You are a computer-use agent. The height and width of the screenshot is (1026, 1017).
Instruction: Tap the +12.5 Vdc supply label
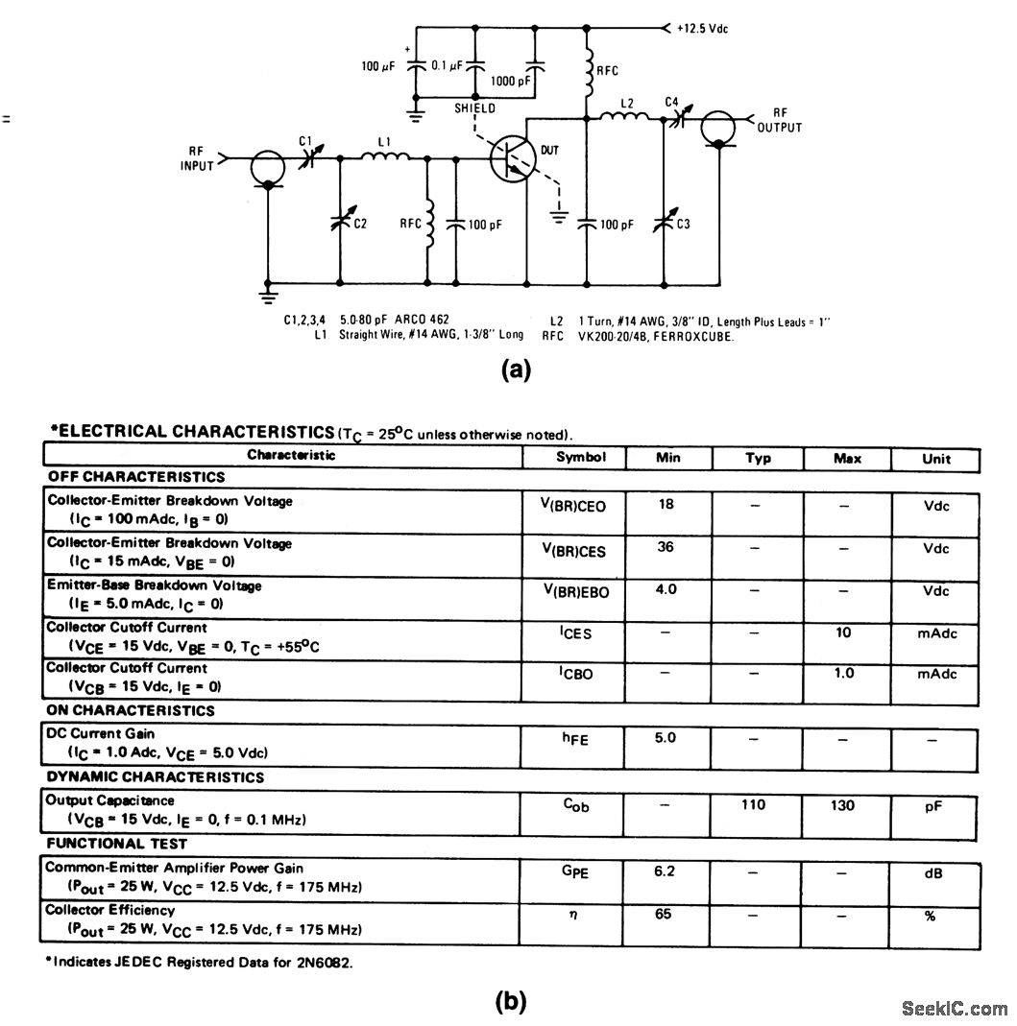pos(701,29)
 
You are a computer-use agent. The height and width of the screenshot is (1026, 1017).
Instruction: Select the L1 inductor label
pos(384,143)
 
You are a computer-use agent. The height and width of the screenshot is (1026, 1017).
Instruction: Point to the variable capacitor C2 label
pos(359,224)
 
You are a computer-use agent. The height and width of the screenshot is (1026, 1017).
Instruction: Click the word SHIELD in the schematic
pos(475,108)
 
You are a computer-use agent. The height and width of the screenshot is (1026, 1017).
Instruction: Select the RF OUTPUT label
pos(780,120)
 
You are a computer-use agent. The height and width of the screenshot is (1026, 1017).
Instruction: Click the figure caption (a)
pos(516,370)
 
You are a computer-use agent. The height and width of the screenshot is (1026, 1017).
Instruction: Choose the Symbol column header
pos(581,457)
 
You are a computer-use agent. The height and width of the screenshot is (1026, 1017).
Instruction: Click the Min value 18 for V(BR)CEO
pos(666,503)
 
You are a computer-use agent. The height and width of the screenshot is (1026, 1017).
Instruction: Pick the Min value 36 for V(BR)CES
pos(666,545)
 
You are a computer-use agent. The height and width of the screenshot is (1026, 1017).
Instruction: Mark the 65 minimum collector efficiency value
pos(664,915)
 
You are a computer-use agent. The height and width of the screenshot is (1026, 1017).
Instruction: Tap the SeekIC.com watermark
pos(955,1008)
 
